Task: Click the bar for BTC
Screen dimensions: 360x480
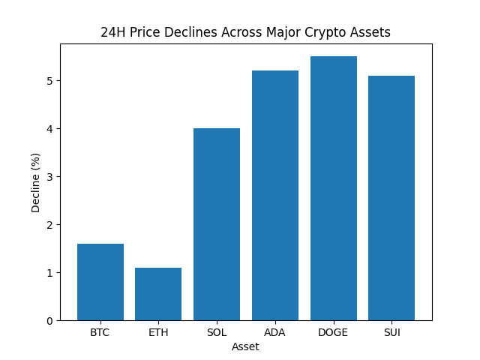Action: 100,282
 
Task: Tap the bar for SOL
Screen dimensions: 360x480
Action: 217,224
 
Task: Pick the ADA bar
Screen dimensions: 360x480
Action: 275,196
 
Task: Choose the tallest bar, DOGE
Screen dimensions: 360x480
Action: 333,188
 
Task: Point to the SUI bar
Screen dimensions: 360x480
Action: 391,198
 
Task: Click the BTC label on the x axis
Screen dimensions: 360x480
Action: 100,332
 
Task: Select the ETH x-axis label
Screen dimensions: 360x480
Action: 158,332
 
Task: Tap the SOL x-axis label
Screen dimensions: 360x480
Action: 217,332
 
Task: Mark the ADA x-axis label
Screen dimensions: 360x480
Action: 275,332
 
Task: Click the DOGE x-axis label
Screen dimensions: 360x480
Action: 333,332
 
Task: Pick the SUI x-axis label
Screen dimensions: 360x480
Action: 391,332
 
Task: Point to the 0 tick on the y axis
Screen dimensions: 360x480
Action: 50,321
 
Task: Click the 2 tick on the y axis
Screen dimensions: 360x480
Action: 50,225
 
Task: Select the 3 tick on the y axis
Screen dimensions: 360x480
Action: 50,177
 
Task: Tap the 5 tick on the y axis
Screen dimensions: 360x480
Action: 50,81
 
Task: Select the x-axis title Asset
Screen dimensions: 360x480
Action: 245,346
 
